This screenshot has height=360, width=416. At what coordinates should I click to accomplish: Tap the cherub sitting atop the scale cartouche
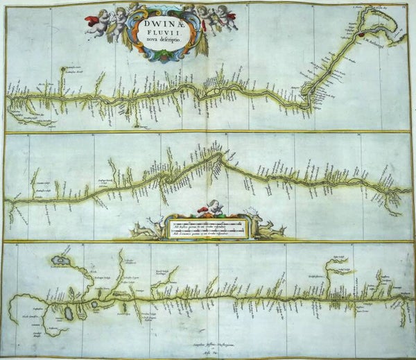[x=215, y=207]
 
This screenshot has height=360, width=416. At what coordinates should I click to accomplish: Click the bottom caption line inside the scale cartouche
[x=201, y=234]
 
